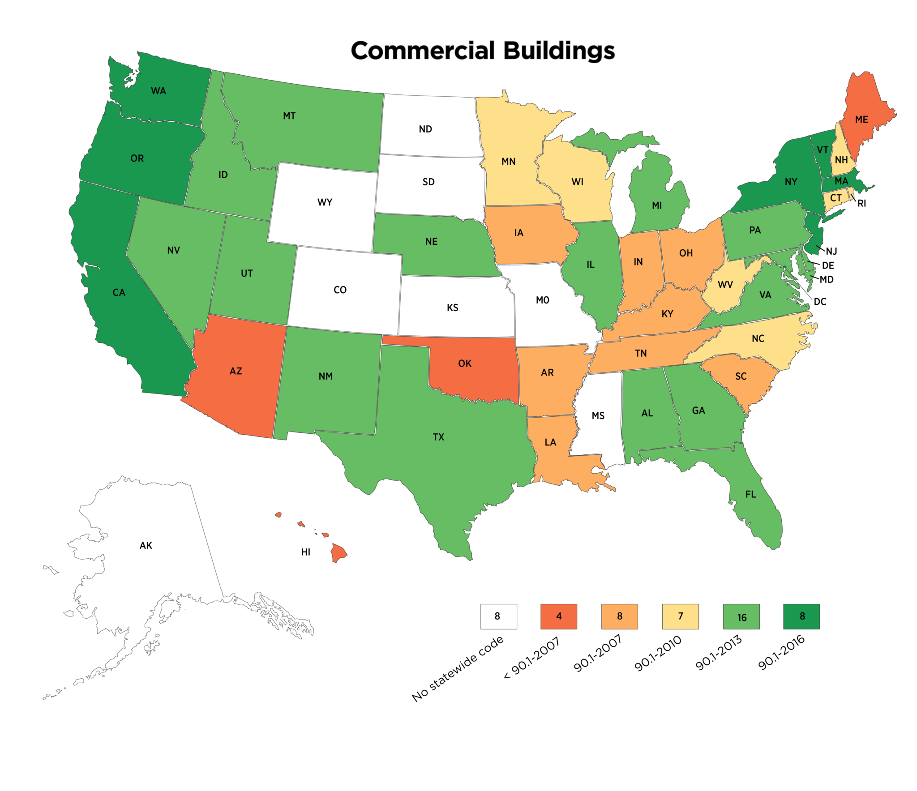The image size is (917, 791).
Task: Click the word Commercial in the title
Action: [x=423, y=50]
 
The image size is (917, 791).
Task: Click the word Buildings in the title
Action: [x=559, y=51]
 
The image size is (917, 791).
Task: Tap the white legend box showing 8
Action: [x=498, y=616]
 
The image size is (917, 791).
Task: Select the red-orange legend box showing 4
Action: [x=559, y=616]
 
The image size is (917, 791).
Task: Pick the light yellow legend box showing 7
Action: [x=680, y=616]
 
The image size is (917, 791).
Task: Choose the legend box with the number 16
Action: [x=741, y=617]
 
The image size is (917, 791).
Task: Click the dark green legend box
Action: [x=801, y=616]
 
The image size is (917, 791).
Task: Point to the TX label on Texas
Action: [x=438, y=437]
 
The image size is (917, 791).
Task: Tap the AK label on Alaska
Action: [x=146, y=545]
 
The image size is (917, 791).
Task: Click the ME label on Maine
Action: [x=861, y=120]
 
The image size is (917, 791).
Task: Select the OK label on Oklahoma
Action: [x=465, y=363]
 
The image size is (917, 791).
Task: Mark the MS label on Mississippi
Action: [x=598, y=416]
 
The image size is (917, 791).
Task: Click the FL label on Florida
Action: [x=750, y=494]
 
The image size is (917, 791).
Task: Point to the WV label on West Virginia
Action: [x=725, y=285]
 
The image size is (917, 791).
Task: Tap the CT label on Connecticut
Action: [x=836, y=198]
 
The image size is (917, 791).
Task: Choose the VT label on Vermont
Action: [x=822, y=150]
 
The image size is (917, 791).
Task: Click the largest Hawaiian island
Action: [x=339, y=552]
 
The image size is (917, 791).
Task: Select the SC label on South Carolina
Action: [x=741, y=376]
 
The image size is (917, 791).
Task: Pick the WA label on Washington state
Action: [x=159, y=91]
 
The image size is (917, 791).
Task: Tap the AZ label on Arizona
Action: [x=236, y=371]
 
